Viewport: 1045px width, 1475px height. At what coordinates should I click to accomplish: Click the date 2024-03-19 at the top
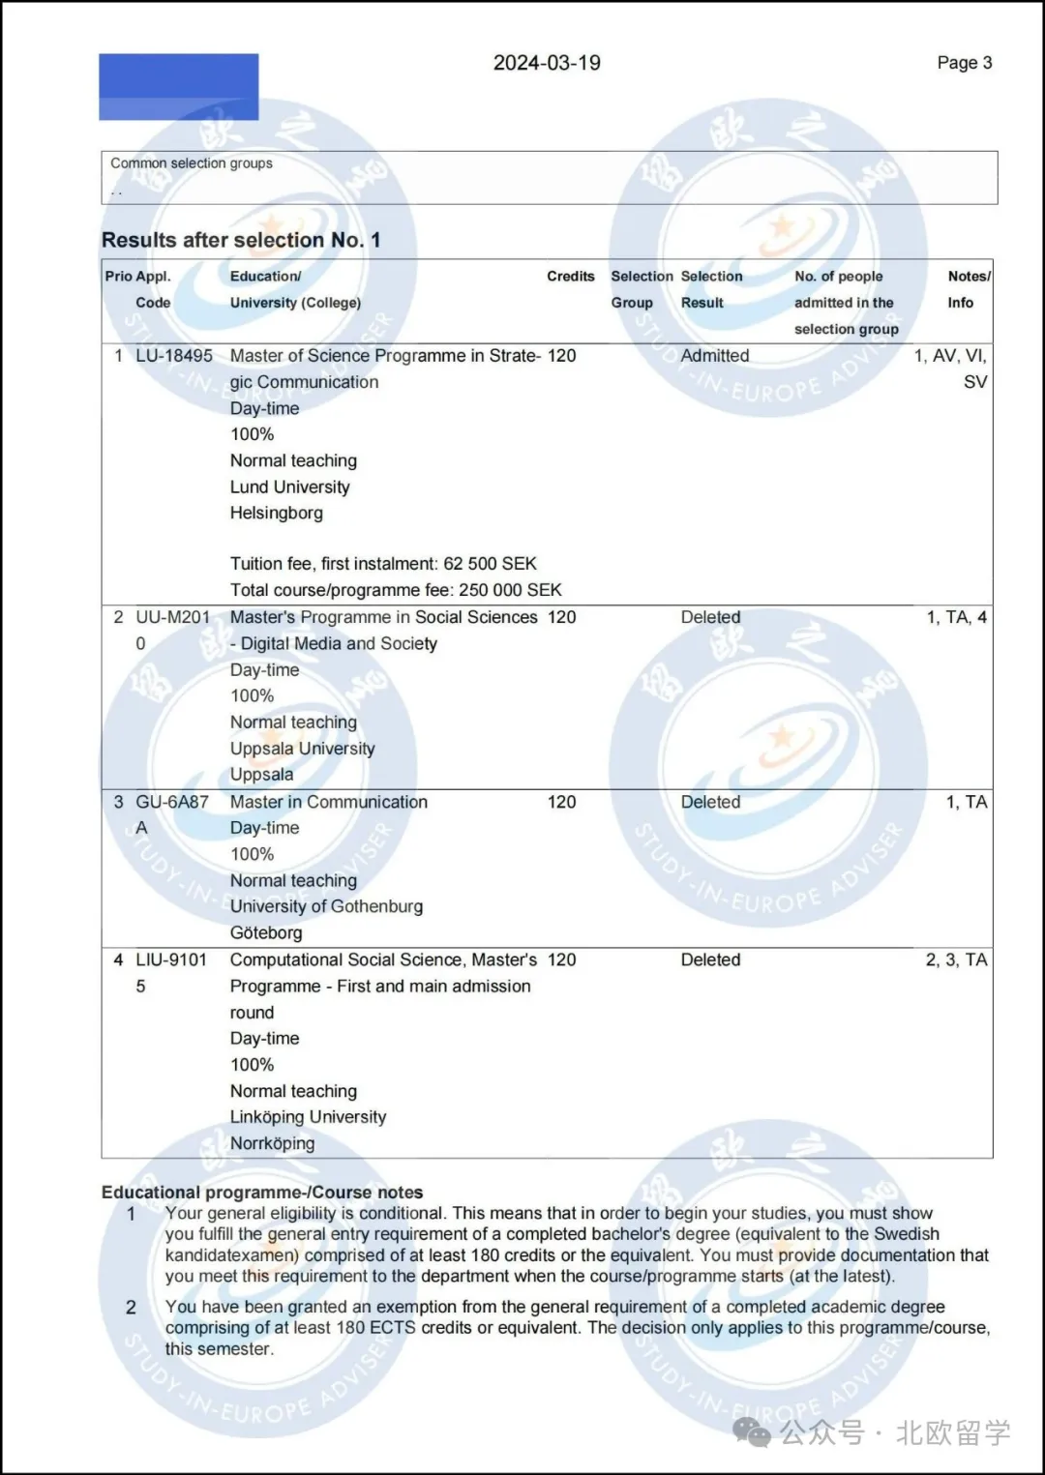[547, 63]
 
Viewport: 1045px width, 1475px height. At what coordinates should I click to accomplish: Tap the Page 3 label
[964, 63]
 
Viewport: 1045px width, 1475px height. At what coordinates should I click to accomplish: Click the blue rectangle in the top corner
[178, 87]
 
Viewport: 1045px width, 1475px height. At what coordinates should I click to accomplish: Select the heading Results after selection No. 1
[241, 240]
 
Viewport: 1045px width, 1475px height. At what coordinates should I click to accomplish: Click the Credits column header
[570, 277]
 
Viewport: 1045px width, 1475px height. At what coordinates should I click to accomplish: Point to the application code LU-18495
[173, 356]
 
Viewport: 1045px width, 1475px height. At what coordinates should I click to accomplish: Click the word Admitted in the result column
[714, 356]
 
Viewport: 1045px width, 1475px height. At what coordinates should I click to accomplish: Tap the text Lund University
[289, 487]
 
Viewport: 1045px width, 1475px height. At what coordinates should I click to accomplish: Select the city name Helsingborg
[276, 514]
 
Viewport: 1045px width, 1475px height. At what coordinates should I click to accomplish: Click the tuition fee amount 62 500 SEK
[490, 564]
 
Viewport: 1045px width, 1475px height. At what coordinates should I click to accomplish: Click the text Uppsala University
[302, 749]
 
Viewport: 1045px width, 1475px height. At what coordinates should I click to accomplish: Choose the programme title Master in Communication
[328, 802]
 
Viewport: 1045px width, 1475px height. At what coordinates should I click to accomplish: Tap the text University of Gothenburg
[326, 906]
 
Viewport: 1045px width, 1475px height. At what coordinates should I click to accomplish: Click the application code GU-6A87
[171, 802]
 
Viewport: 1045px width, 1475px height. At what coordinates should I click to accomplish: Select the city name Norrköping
[272, 1143]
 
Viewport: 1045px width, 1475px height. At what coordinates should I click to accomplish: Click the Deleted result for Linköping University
[710, 959]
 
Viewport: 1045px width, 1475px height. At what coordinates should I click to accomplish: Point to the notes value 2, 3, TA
[956, 959]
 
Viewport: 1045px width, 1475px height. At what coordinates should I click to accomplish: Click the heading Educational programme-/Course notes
[262, 1193]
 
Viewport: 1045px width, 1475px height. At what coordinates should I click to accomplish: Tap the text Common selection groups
[192, 163]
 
